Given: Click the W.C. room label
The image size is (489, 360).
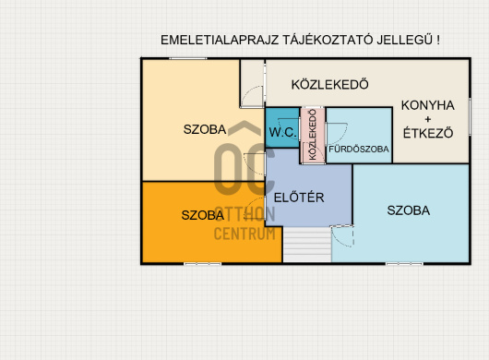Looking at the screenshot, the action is pos(283,133).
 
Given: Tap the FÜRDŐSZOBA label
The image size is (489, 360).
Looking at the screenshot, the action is pos(359,150).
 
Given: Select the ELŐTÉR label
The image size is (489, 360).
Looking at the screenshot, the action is pos(299,198).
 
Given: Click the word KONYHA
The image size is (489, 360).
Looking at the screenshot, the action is pos(427,105).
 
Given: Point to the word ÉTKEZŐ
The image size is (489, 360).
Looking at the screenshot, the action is pos(428,133).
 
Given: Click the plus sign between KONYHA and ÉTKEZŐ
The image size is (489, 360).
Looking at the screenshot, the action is pos(428,119).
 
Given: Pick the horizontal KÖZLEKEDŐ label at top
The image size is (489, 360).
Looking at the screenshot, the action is pos(330,85).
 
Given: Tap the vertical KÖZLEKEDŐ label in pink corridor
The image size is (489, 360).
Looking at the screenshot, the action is pos(313,135).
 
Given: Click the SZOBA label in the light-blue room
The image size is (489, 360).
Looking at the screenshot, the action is pos(409,210).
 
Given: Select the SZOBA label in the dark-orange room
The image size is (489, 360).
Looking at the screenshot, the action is pos(203,215).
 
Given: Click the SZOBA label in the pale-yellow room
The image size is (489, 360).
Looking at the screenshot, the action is pos(205,129).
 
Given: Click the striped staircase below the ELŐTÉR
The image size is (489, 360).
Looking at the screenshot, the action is pos(307,245).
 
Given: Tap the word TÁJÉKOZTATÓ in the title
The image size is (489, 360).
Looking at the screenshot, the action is pos(328,41).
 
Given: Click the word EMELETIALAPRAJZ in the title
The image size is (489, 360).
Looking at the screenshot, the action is pos(220,41).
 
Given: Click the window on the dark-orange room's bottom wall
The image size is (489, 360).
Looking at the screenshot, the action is pos(202,264).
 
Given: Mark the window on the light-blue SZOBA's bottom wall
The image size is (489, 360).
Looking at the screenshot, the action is pos(404,264).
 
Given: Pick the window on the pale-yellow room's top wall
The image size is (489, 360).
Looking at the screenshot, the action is pos(187,58).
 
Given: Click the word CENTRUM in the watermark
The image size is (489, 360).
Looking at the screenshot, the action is pos(244,234).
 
